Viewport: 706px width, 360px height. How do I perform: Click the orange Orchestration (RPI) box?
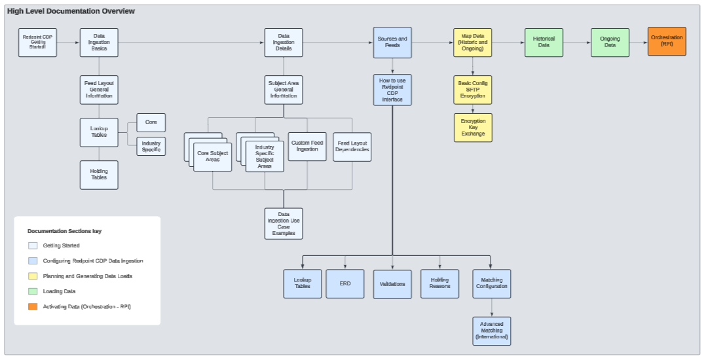(x=667, y=41)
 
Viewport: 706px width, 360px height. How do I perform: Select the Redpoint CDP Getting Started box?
(x=38, y=43)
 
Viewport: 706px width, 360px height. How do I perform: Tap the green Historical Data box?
(x=544, y=43)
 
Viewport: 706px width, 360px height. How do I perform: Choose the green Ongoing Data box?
(x=610, y=43)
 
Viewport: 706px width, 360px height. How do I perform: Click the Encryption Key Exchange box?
(x=473, y=128)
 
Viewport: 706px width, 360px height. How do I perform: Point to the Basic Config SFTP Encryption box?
(x=473, y=90)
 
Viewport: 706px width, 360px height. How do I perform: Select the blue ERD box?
(x=345, y=284)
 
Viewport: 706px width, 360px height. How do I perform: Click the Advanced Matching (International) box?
(x=492, y=331)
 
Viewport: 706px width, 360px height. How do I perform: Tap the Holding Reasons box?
(x=439, y=284)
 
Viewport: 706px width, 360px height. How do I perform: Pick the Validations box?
(x=392, y=284)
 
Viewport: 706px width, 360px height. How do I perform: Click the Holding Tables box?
(x=99, y=175)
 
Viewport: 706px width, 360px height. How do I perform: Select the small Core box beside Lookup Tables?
(x=151, y=122)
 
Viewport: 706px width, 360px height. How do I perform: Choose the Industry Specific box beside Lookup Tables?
(x=151, y=146)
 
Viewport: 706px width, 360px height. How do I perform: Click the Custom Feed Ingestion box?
(x=307, y=147)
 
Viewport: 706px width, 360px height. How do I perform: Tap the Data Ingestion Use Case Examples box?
(x=284, y=224)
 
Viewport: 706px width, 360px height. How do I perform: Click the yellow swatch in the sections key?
(x=33, y=276)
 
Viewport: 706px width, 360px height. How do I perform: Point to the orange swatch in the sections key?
(x=33, y=306)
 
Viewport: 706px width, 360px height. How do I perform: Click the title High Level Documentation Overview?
(x=71, y=11)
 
